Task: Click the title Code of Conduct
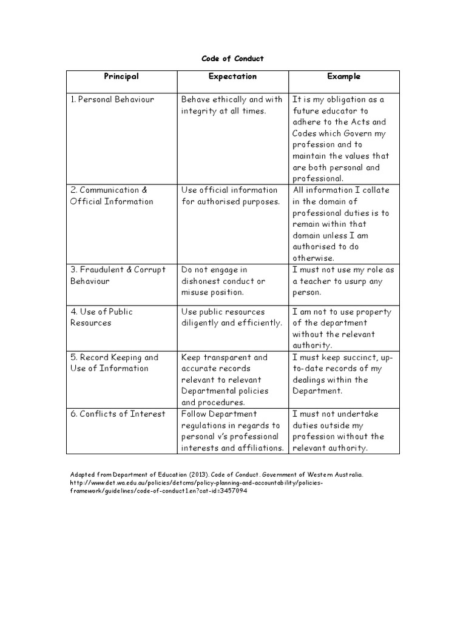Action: [232, 59]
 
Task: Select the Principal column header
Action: [121, 76]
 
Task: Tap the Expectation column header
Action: [232, 76]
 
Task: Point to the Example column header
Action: [343, 76]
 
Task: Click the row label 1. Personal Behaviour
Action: [112, 99]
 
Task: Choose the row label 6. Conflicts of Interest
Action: [118, 414]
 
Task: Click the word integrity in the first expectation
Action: [199, 111]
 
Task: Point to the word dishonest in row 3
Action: [201, 281]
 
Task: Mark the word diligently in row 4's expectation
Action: [201, 323]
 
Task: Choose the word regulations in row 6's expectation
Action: [204, 426]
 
